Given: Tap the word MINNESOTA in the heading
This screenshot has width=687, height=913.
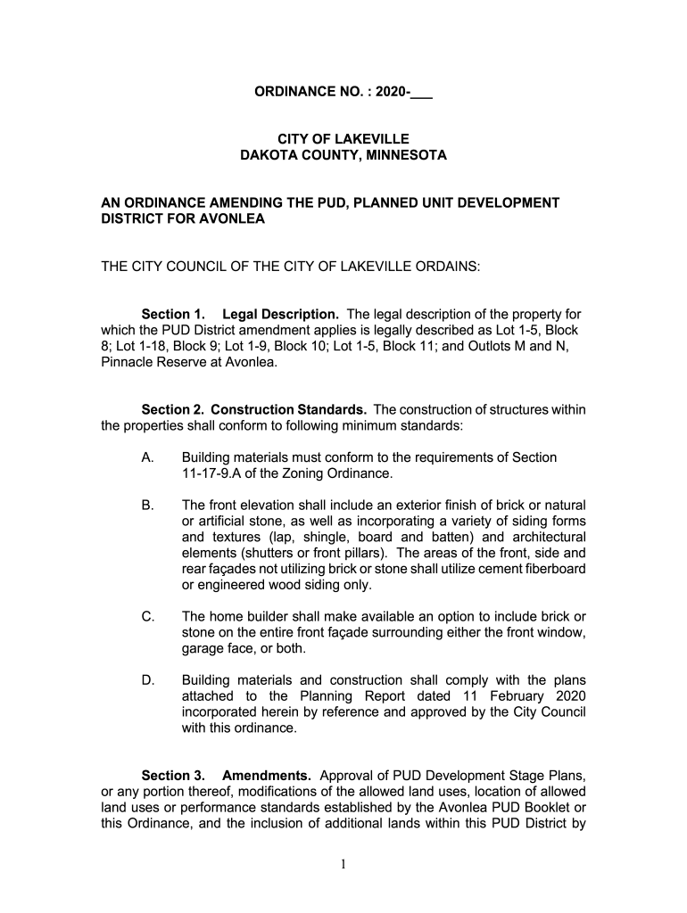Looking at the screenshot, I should pyautogui.click(x=401, y=155).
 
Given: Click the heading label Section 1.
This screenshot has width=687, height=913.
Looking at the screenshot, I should pyautogui.click(x=173, y=315).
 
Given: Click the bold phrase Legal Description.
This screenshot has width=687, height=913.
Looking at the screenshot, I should pyautogui.click(x=280, y=315).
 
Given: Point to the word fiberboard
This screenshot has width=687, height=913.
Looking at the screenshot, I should pyautogui.click(x=553, y=570).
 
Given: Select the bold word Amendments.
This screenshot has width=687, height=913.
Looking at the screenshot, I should pyautogui.click(x=267, y=777).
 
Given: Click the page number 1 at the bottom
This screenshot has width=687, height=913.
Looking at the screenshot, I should pyautogui.click(x=343, y=868).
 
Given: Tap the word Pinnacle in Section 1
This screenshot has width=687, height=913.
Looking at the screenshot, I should pyautogui.click(x=123, y=363).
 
